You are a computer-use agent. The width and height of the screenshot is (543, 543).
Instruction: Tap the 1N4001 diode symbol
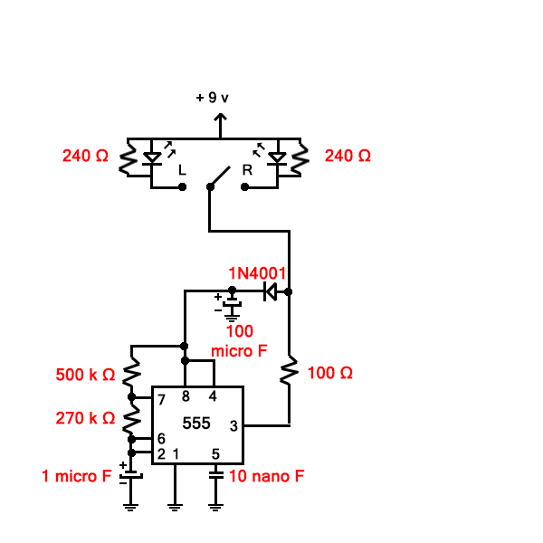(x=270, y=291)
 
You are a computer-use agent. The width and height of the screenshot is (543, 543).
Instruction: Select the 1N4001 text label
(x=257, y=272)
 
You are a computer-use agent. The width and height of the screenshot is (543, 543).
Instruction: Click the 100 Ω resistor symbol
(x=289, y=371)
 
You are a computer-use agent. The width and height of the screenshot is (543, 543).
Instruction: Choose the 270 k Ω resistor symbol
(x=131, y=418)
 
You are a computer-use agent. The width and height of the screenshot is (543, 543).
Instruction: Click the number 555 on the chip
(x=196, y=423)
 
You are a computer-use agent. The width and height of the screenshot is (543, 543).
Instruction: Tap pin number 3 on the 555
(x=233, y=425)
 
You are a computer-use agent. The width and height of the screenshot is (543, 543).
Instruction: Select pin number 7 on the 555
(x=161, y=399)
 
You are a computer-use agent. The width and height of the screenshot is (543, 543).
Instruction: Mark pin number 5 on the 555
(x=215, y=453)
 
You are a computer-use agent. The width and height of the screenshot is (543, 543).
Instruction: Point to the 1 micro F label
(x=76, y=474)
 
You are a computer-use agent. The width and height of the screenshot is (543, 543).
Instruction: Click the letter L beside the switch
(x=182, y=170)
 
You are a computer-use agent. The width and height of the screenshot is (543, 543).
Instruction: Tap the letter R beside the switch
(x=246, y=170)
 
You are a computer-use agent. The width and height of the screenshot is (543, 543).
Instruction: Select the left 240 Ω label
(x=85, y=156)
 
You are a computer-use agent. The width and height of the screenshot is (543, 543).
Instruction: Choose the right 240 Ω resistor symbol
(x=300, y=157)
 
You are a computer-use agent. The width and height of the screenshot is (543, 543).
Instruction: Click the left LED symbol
(x=153, y=157)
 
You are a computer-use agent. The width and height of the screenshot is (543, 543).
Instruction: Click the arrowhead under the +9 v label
(x=219, y=118)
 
